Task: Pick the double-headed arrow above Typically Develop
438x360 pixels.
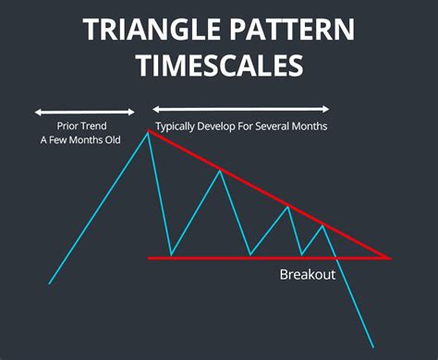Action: [240, 109]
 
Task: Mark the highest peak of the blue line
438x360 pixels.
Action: [147, 132]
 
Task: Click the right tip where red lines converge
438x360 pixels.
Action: [391, 258]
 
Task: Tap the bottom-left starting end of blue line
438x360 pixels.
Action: [48, 283]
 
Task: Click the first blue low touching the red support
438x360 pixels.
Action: [171, 256]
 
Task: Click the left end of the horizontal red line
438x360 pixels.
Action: [149, 258]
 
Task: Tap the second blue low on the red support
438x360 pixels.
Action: [249, 256]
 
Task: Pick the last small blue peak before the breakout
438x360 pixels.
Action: [322, 224]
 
